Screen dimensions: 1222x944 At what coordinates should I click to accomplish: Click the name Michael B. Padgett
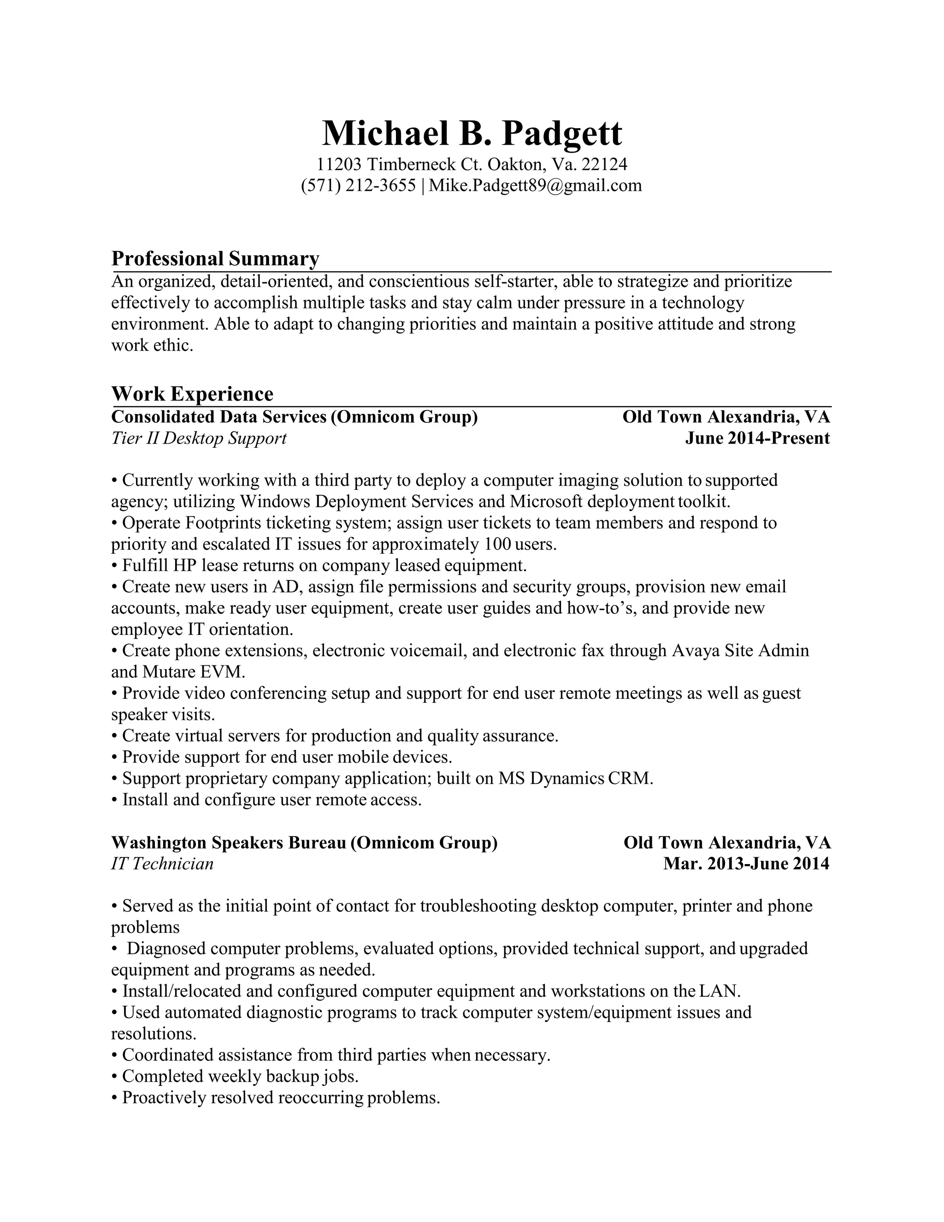point(472,133)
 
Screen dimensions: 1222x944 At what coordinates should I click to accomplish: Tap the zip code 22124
point(605,165)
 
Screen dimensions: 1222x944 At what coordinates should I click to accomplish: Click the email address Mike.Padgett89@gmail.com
point(535,185)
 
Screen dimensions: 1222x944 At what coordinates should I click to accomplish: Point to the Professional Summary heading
point(215,259)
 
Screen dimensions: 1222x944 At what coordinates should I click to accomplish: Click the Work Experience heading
point(192,394)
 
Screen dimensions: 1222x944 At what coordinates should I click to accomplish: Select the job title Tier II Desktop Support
point(199,438)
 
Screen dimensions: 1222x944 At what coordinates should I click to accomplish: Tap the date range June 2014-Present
point(757,438)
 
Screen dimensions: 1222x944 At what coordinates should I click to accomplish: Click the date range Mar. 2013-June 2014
point(746,864)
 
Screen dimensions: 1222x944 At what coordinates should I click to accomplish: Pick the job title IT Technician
point(162,864)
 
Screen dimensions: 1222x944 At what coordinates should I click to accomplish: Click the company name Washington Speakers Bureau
point(229,842)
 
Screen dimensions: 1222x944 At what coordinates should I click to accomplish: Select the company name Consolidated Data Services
point(218,417)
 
